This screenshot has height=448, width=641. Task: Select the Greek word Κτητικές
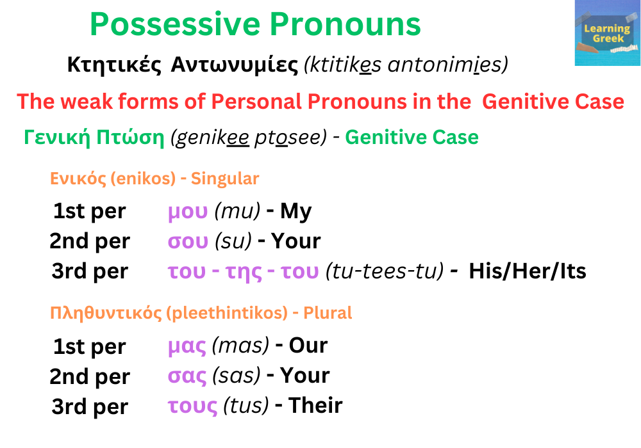113,65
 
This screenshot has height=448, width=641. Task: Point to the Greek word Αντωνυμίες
234,65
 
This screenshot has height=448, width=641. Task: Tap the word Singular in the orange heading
225,179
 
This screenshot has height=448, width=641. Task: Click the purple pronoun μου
188,212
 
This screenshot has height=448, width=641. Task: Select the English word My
296,211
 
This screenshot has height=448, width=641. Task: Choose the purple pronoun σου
188,242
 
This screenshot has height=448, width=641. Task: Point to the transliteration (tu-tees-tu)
385,272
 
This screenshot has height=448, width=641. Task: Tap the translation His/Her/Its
527,271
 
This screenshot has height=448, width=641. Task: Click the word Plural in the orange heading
328,314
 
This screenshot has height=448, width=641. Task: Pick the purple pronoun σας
187,376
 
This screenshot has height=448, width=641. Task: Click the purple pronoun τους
192,406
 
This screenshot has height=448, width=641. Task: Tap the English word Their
315,406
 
